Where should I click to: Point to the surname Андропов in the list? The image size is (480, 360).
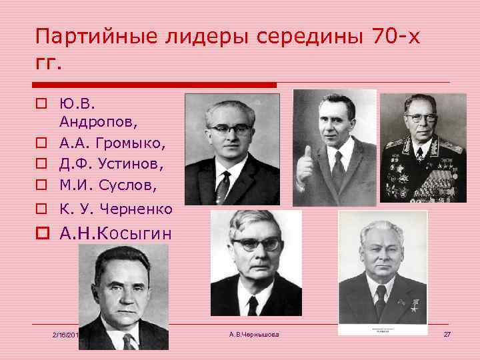coord(93,122)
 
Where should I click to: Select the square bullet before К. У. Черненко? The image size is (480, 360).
coord(41,209)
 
